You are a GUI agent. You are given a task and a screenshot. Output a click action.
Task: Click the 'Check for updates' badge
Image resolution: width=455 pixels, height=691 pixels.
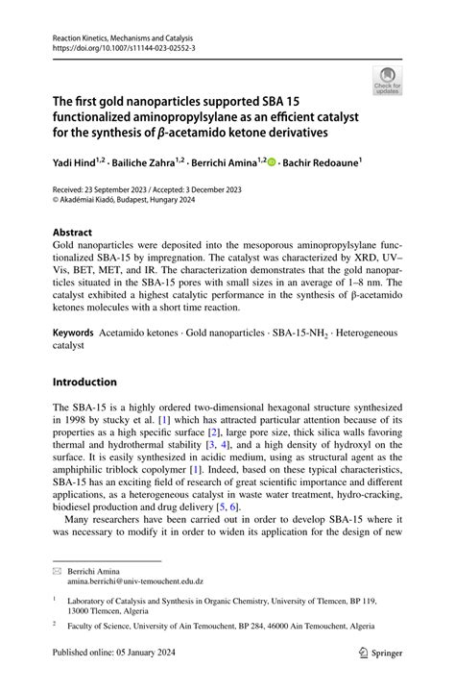pos(387,81)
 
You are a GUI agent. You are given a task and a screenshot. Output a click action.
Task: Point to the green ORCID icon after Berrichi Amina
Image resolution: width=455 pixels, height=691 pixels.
pos(270,163)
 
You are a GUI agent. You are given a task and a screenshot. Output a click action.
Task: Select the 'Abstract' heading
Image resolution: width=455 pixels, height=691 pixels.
pos(73,233)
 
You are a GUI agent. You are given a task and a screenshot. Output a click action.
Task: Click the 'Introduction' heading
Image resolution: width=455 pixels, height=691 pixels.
pos(85,382)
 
